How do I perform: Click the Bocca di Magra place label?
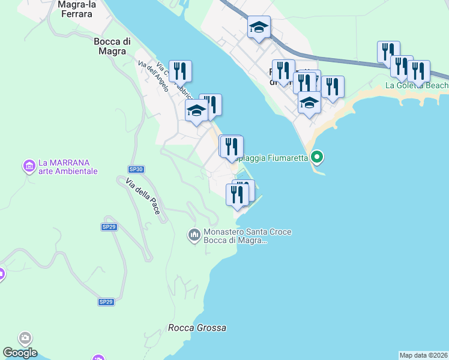[x=112, y=46]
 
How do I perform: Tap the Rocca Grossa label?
[x=197, y=328]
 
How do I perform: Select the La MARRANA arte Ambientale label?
[x=67, y=166]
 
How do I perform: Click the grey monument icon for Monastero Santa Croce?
[x=193, y=233]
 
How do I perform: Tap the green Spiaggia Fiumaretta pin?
[x=318, y=157]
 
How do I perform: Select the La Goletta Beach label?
[x=416, y=86]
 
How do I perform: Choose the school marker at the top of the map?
[x=259, y=27]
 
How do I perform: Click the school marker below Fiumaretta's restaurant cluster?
[x=309, y=102]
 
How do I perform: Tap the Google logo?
[x=20, y=353]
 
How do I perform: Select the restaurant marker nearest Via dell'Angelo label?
[x=180, y=71]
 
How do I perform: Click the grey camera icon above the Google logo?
[x=25, y=338]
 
